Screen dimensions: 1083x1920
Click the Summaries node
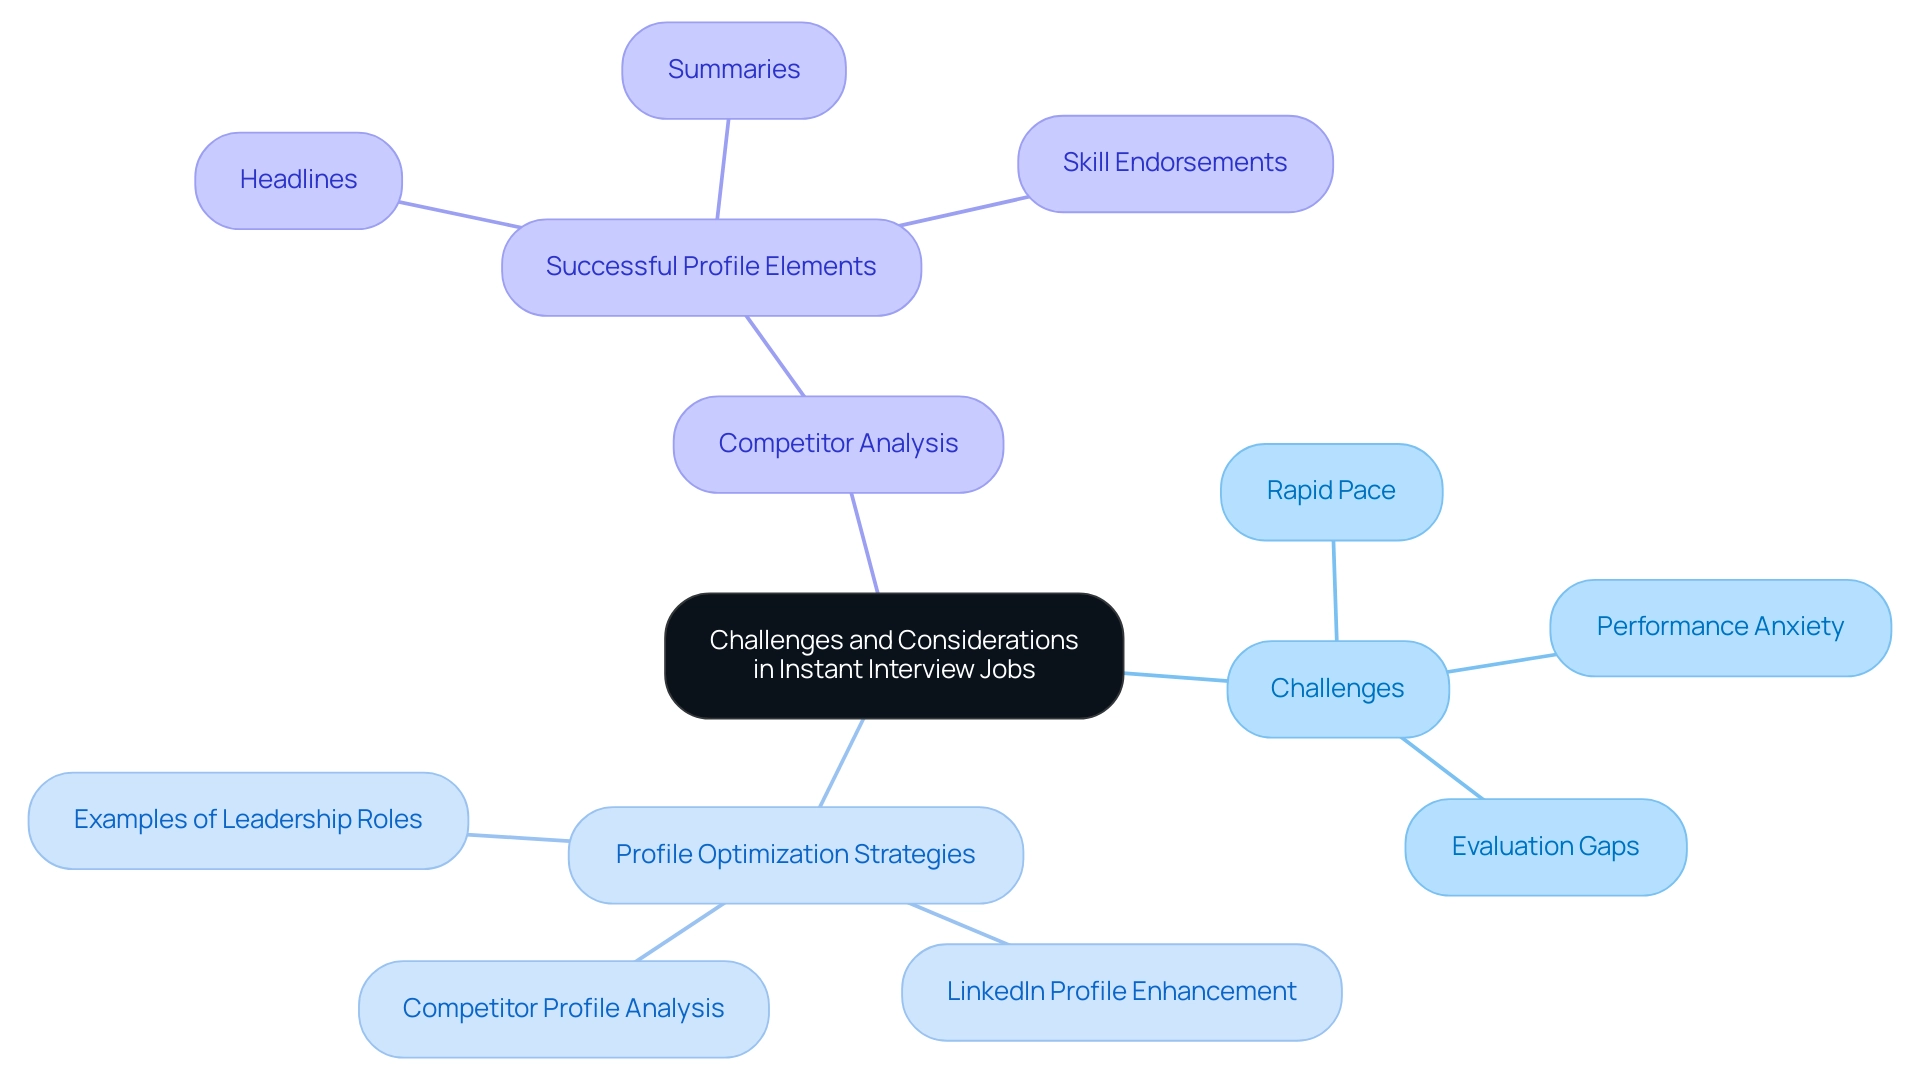pyautogui.click(x=733, y=70)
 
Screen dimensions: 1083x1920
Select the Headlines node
pyautogui.click(x=298, y=180)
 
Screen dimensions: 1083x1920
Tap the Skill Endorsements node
pyautogui.click(x=1174, y=163)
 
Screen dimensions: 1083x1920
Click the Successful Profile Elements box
pyautogui.click(x=710, y=267)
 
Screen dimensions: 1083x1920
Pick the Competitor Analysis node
pyautogui.click(x=837, y=444)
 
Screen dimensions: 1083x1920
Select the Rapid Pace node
pyautogui.click(x=1330, y=491)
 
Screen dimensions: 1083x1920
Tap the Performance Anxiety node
pyautogui.click(x=1719, y=627)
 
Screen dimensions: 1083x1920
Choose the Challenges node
pyautogui.click(x=1336, y=689)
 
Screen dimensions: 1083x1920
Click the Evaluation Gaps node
pyautogui.click(x=1544, y=847)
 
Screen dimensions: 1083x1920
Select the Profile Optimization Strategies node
pyautogui.click(x=795, y=855)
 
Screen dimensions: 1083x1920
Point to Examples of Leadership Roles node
pyautogui.click(x=247, y=820)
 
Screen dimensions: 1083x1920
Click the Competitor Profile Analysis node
pyautogui.click(x=563, y=1009)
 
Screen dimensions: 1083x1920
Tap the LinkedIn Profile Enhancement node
pyautogui.click(x=1120, y=992)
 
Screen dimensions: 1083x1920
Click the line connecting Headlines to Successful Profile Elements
pyautogui.click(x=460, y=215)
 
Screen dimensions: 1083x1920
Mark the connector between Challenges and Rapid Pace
pyautogui.click(x=1335, y=591)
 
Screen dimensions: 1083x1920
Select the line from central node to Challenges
pyautogui.click(x=1176, y=677)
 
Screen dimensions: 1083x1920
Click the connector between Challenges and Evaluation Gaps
pyautogui.click(x=1442, y=768)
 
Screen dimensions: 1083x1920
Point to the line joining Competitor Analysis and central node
pyautogui.click(x=865, y=543)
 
